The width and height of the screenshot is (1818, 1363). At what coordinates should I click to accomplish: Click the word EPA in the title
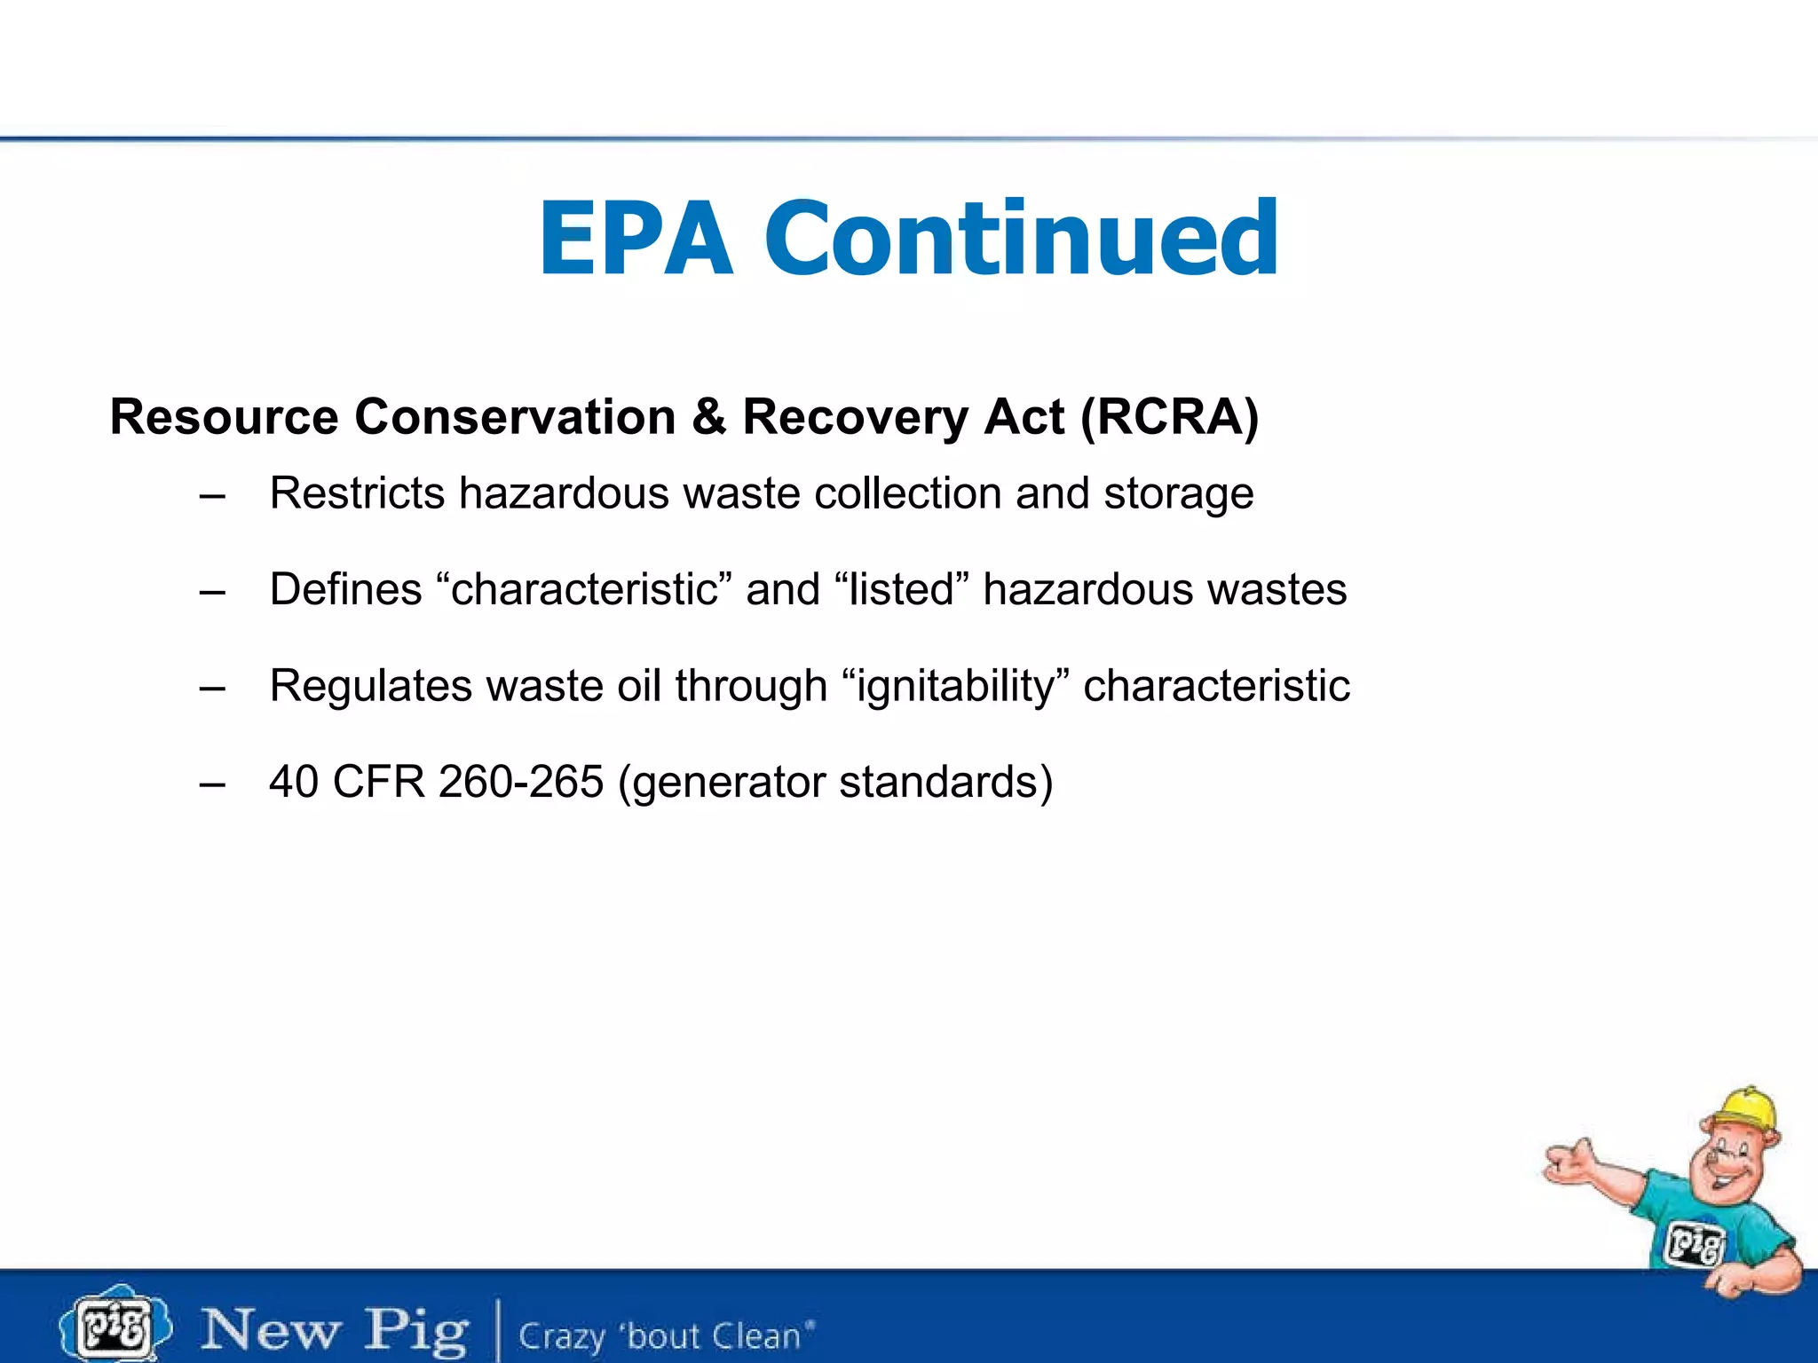click(x=636, y=240)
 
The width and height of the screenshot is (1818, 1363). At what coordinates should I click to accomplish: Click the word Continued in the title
click(x=1021, y=240)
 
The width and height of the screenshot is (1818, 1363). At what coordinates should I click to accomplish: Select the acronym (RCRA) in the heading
click(x=1169, y=417)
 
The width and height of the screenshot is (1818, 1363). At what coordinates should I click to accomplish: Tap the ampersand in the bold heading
click(x=708, y=417)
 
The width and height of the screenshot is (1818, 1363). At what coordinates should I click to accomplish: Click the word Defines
click(x=345, y=589)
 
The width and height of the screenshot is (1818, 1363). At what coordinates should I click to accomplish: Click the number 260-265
click(x=521, y=782)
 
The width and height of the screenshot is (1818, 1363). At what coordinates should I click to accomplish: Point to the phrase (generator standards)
click(x=835, y=783)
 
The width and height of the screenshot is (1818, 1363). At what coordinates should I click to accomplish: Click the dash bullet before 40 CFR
click(x=212, y=784)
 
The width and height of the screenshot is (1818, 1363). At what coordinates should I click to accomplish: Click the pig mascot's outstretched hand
click(x=1568, y=1163)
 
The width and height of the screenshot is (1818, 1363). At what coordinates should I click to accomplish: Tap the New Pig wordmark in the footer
click(x=334, y=1330)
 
